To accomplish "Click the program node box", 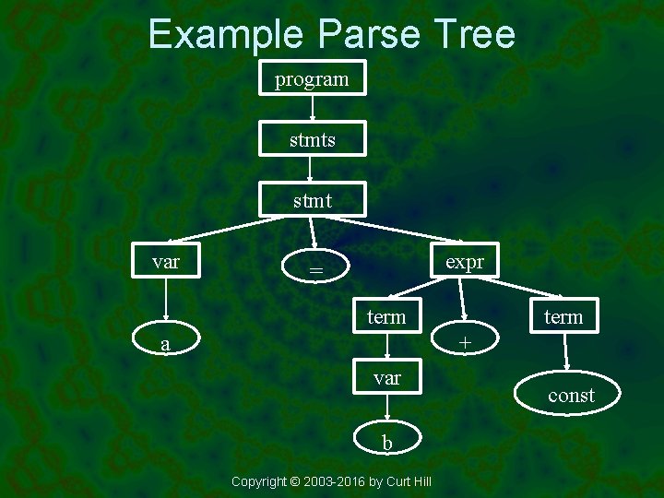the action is point(313,79).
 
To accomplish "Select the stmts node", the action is point(313,140).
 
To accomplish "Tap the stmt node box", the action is point(313,200).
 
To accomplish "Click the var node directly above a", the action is point(166,262).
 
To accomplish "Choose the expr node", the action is point(464,262).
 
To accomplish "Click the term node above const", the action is point(563,316).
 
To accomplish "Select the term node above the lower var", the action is point(386,316).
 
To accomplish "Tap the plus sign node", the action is point(466,343).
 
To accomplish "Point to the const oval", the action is point(571,396).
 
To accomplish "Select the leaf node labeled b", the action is point(387,443).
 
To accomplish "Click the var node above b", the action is point(386,377).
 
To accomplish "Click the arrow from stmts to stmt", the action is point(312,170).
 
